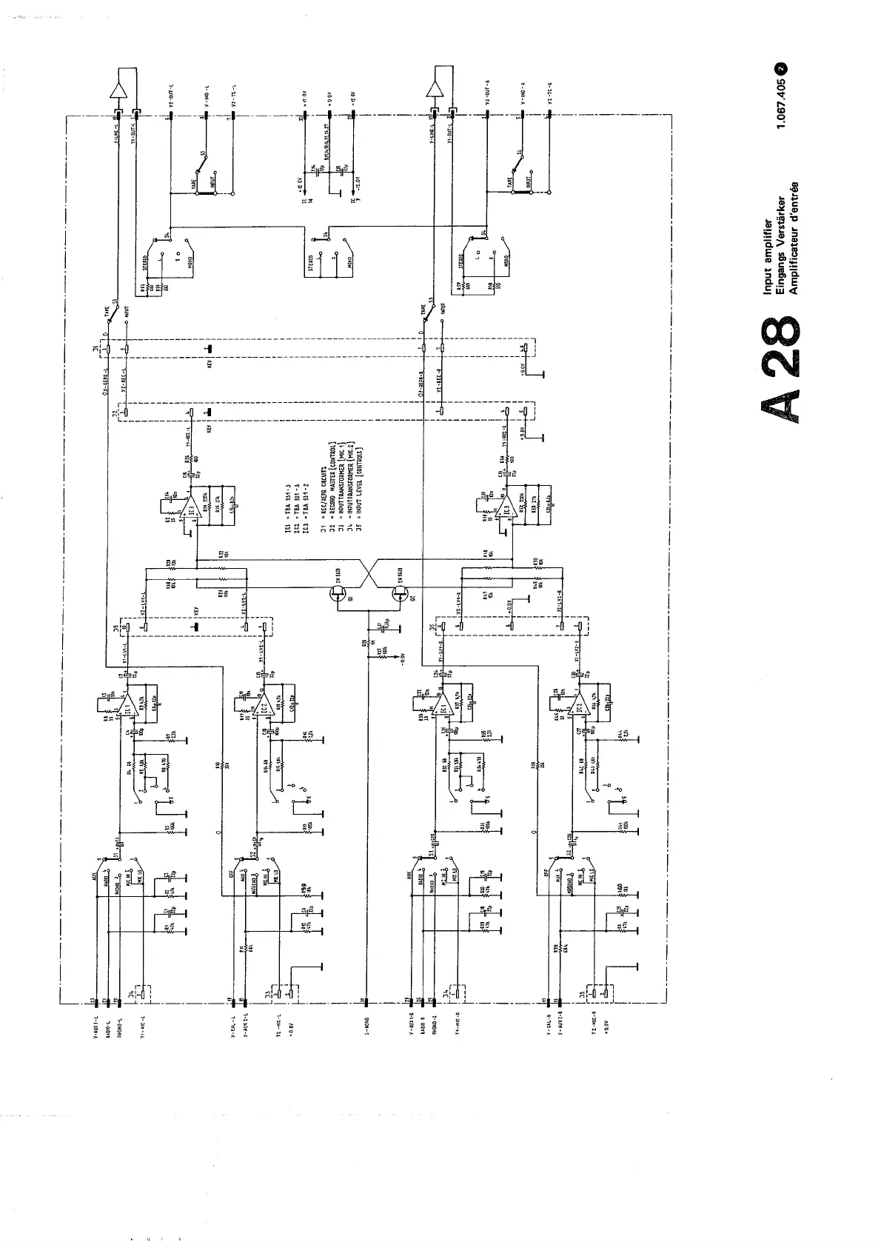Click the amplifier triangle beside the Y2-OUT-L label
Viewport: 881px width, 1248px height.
coord(116,90)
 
